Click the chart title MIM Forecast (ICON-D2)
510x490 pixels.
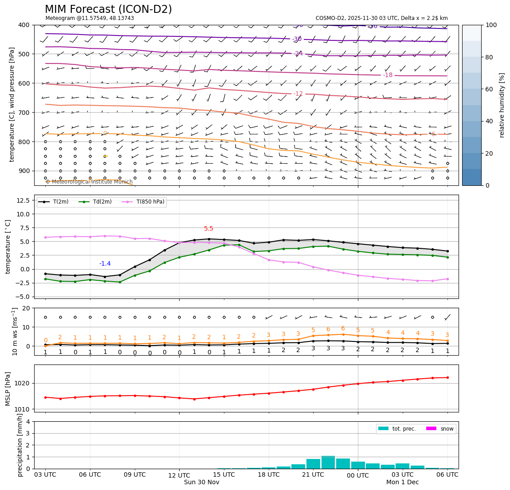pyautogui.click(x=108, y=9)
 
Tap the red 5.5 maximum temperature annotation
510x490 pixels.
pyautogui.click(x=208, y=229)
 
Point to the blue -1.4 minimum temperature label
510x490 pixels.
pyautogui.click(x=105, y=264)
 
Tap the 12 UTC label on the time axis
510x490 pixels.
pyautogui.click(x=179, y=475)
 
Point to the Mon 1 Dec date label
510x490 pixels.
pyautogui.click(x=402, y=482)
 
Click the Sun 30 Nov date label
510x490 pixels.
pyautogui.click(x=201, y=482)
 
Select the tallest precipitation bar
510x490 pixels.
pyautogui.click(x=328, y=462)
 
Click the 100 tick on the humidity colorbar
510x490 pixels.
pyautogui.click(x=491, y=25)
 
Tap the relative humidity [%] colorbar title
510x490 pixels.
pyautogui.click(x=502, y=105)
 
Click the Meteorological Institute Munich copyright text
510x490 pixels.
pyautogui.click(x=89, y=182)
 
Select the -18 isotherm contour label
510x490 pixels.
pyautogui.click(x=388, y=75)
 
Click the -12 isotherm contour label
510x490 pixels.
pyautogui.click(x=298, y=94)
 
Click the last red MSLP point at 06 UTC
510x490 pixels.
pyautogui.click(x=447, y=377)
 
